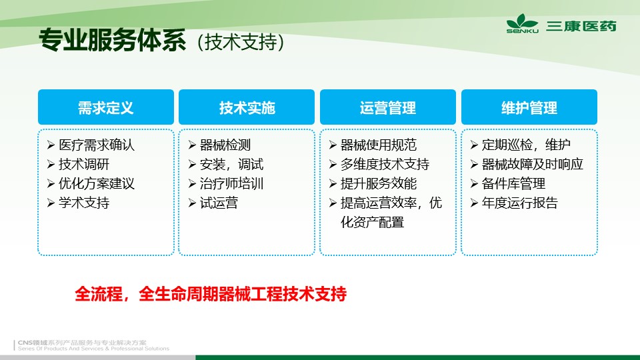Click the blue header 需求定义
click(106, 107)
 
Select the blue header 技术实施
click(247, 107)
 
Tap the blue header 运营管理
click(388, 107)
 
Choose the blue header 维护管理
click(529, 107)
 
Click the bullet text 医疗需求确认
click(96, 145)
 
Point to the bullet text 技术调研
click(84, 164)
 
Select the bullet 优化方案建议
click(96, 183)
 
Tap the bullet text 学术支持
click(84, 203)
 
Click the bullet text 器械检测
click(225, 145)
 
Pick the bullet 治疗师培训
click(231, 183)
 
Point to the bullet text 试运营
click(219, 203)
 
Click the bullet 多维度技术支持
click(385, 164)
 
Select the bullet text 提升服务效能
click(379, 183)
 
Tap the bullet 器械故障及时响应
click(532, 164)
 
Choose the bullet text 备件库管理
click(513, 183)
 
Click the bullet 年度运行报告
click(519, 203)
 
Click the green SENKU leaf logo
click(522, 23)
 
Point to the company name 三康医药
click(581, 26)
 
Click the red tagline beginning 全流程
click(211, 293)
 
